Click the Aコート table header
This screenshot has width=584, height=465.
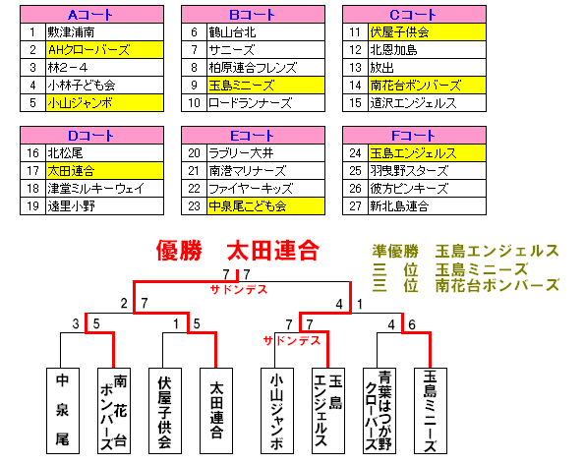tap(92, 15)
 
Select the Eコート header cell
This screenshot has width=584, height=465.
tap(254, 136)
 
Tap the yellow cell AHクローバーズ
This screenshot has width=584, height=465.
tap(104, 50)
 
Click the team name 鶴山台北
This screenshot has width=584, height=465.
tap(265, 32)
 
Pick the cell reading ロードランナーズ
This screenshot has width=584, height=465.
tap(265, 103)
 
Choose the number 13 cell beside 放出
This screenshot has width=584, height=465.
tap(355, 68)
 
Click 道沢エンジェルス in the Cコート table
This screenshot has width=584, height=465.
tap(428, 103)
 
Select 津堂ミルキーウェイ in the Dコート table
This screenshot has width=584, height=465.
tap(104, 189)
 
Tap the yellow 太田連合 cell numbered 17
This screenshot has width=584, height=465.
tap(104, 171)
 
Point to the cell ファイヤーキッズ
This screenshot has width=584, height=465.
tap(265, 189)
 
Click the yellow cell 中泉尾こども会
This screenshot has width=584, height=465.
tap(265, 206)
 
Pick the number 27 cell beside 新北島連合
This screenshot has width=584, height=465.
tap(355, 206)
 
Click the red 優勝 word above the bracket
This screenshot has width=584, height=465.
tap(179, 251)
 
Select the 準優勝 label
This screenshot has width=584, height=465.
tap(395, 252)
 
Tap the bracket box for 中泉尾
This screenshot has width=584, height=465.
tap(63, 411)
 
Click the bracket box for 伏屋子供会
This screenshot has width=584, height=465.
tap(165, 411)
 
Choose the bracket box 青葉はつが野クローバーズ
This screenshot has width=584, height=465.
tap(380, 411)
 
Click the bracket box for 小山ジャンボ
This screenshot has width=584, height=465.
tap(277, 411)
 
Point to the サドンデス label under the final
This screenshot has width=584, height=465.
tap(239, 290)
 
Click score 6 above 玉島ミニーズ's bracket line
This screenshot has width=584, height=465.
tap(412, 325)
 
